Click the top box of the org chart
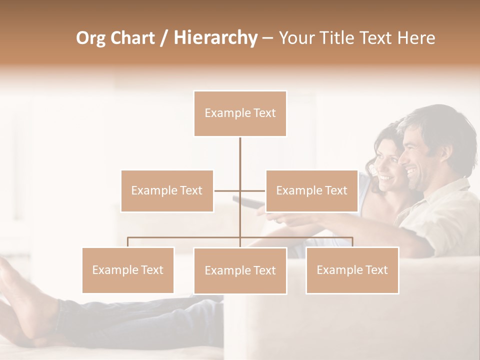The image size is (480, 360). click(x=240, y=113)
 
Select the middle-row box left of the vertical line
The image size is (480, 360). click(x=167, y=190)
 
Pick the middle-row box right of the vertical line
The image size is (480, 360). click(x=311, y=190)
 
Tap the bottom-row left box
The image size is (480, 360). click(x=128, y=270)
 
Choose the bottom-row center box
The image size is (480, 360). click(x=240, y=270)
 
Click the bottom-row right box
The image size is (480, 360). click(x=352, y=270)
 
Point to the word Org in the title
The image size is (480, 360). click(x=91, y=38)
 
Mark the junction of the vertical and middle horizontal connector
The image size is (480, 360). click(x=240, y=190)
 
